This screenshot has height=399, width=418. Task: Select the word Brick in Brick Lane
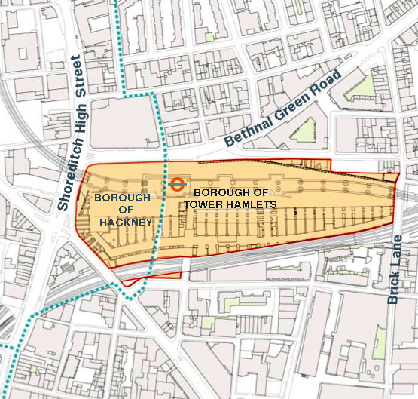(x=393, y=284)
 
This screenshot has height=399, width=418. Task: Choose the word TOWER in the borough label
(x=212, y=204)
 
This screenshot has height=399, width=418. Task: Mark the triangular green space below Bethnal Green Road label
(x=304, y=132)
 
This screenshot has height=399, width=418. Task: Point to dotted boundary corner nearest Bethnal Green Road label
(x=154, y=94)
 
